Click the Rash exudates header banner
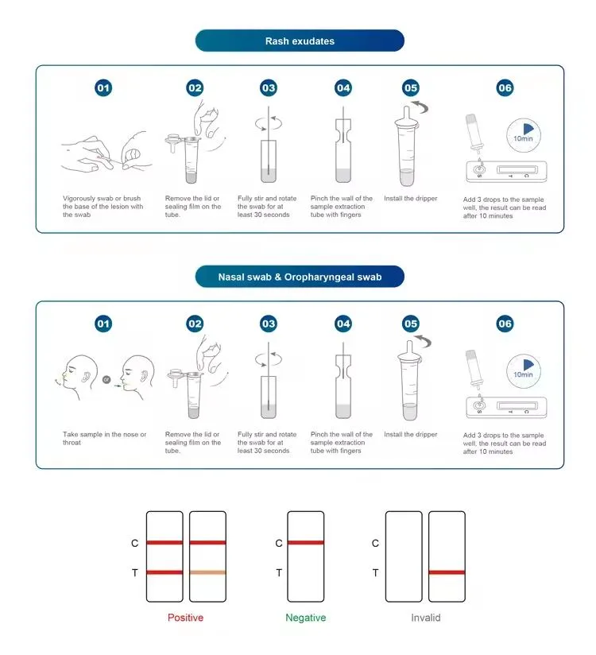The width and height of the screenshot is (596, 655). click(300, 41)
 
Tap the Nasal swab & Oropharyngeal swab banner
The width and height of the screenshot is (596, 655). click(300, 277)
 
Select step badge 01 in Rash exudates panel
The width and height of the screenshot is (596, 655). click(103, 88)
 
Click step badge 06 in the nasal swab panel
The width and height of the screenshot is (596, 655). click(505, 324)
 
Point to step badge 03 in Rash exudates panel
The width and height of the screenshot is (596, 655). click(269, 88)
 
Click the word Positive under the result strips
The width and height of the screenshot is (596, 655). click(185, 618)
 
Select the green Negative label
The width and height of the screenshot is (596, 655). click(305, 618)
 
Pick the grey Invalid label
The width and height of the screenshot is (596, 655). click(425, 618)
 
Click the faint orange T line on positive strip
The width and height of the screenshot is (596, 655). click(207, 572)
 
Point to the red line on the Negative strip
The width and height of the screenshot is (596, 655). click(305, 543)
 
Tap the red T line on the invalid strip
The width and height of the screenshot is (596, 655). click(446, 572)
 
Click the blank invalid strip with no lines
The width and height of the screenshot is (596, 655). click(404, 556)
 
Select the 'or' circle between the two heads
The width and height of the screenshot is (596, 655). click(106, 380)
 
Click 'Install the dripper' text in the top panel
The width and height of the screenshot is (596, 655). click(410, 199)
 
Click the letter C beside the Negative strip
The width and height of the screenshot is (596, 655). click(278, 544)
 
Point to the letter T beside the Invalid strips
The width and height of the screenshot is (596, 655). click(375, 572)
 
